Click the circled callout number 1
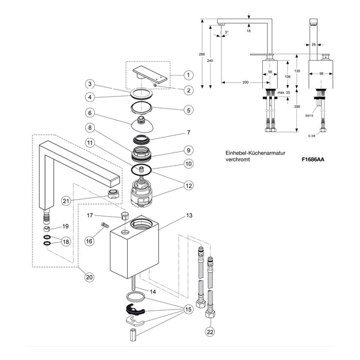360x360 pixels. coord(188,75)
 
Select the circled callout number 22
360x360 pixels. coord(210,332)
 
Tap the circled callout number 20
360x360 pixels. coord(89,277)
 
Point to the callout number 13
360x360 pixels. coord(189,215)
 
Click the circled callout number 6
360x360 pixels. coord(90,113)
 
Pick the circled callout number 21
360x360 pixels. coord(66,201)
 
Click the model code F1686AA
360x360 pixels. coord(313,160)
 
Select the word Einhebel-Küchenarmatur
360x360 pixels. coord(256,153)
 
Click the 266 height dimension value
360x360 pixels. coord(202,55)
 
